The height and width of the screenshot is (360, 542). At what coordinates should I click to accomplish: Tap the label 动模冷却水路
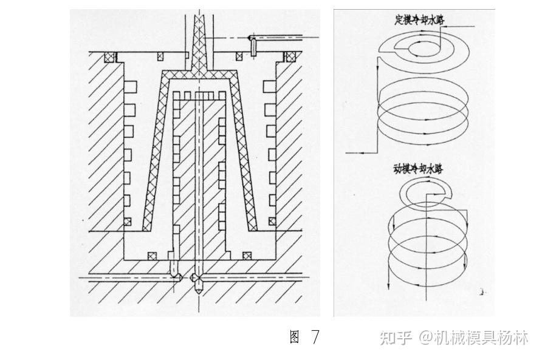414,168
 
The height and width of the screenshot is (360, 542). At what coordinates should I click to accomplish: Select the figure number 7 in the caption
314,337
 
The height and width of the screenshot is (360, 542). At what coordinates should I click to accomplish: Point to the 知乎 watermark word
396,338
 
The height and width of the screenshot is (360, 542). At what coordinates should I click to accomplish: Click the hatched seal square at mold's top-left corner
110,58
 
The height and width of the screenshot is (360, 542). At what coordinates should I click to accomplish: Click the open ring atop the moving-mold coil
422,193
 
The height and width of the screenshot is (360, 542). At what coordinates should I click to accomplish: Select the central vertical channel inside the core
199,182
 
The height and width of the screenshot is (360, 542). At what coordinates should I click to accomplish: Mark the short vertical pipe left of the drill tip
174,267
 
